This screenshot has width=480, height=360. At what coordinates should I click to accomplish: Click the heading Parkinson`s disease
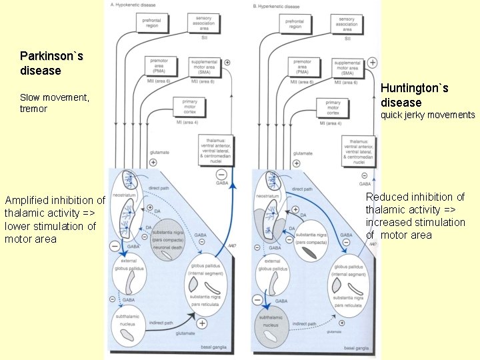click(51, 63)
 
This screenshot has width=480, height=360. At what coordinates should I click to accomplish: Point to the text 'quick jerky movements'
click(427, 115)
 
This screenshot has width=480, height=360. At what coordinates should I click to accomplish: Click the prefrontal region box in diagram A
click(152, 23)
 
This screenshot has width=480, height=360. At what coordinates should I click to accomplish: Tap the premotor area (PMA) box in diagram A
click(161, 67)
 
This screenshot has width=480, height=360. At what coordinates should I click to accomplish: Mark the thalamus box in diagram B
click(359, 150)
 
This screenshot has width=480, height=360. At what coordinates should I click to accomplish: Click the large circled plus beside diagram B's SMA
click(373, 63)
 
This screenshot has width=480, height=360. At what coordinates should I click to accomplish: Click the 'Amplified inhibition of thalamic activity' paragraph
click(55, 219)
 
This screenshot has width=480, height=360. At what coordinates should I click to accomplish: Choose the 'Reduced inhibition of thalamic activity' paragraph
click(415, 215)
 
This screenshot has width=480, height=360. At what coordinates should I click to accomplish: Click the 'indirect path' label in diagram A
click(161, 323)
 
